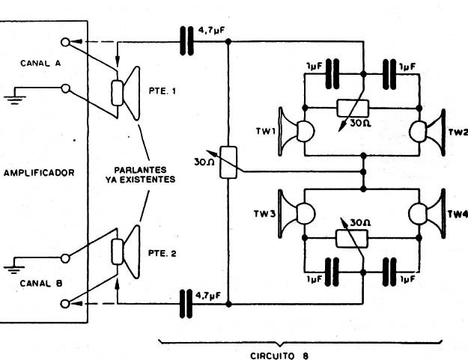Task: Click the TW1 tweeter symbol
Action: tap(296, 131)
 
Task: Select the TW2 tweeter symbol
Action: tap(428, 132)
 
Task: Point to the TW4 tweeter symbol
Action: tap(427, 213)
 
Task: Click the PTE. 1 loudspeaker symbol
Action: tap(125, 93)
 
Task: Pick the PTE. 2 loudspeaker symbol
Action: tap(125, 252)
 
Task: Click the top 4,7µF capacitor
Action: tap(187, 41)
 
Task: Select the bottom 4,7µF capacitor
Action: tap(186, 304)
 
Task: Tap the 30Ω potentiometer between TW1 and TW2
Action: tap(353, 109)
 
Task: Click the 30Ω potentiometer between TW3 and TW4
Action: tap(352, 239)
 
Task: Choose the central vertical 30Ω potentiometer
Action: tap(228, 162)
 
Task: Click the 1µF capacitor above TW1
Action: tap(332, 74)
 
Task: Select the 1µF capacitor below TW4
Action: tap(389, 272)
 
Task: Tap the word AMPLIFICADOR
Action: tap(39, 173)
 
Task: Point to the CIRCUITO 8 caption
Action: tap(279, 356)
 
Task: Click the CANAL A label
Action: tap(40, 63)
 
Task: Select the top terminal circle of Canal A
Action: tap(65, 42)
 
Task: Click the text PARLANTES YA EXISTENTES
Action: tap(140, 174)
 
